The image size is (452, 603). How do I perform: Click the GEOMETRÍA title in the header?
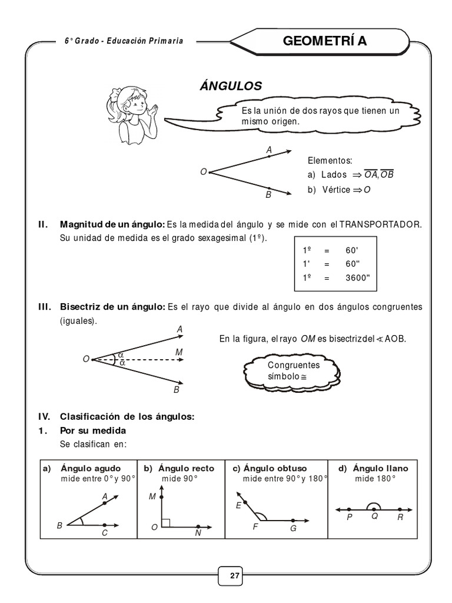point(333,41)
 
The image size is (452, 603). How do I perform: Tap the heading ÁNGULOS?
point(231,86)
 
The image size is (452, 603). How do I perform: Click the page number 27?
point(235,576)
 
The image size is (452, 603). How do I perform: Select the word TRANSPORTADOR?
point(380,225)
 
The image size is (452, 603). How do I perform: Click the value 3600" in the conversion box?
point(358,277)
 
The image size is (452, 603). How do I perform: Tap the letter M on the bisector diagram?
point(179,352)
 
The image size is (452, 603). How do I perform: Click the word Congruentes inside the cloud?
point(293,365)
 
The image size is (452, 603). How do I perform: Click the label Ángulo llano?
point(380,469)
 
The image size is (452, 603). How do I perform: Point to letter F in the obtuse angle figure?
point(255,527)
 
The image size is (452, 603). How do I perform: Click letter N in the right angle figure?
point(198,533)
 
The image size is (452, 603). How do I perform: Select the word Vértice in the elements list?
point(335,190)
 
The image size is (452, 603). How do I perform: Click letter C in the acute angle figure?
point(104,533)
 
